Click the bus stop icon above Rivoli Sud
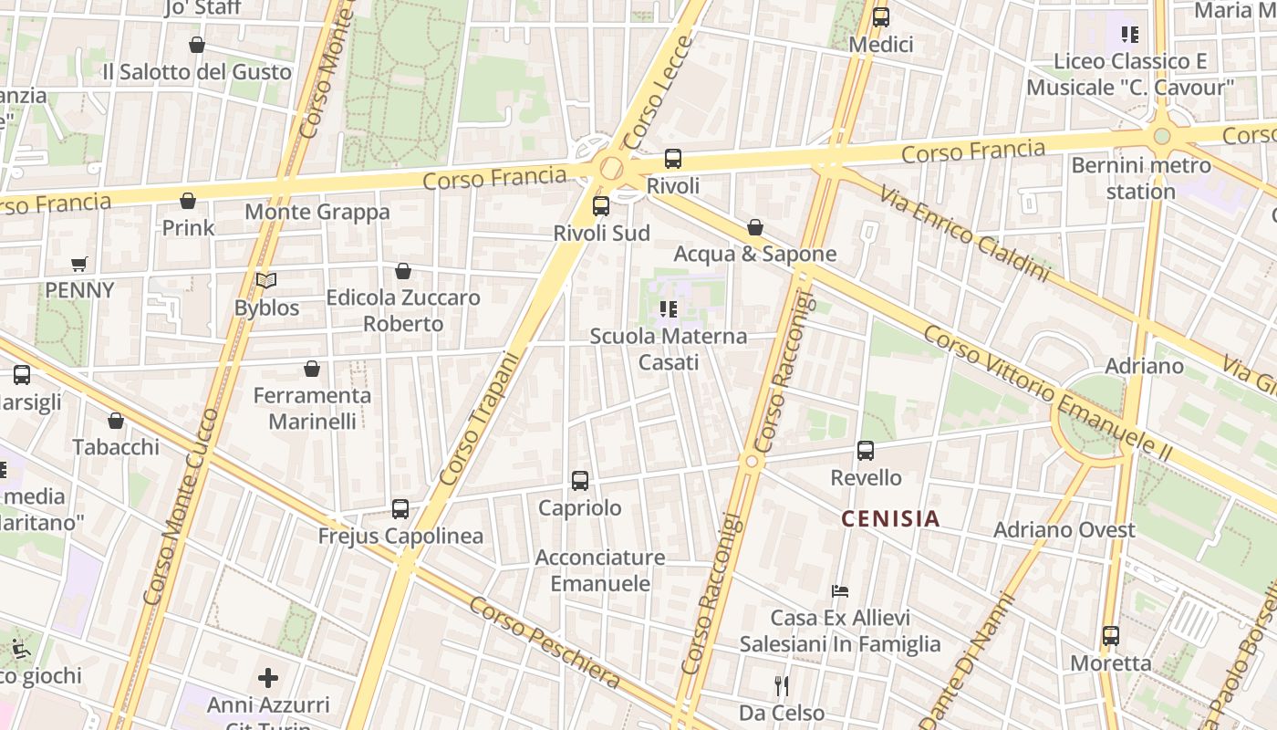pyautogui.click(x=600, y=206)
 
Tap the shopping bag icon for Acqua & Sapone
pyautogui.click(x=755, y=227)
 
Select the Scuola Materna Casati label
pyautogui.click(x=669, y=349)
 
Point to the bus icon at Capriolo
pyautogui.click(x=579, y=481)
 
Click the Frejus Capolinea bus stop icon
pyautogui.click(x=400, y=509)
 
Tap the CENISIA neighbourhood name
pyautogui.click(x=890, y=519)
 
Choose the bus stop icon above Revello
pyautogui.click(x=865, y=451)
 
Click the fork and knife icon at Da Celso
pyautogui.click(x=781, y=685)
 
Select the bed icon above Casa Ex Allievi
pyautogui.click(x=840, y=591)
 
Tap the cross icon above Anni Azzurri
pyautogui.click(x=268, y=678)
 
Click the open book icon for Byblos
pyautogui.click(x=265, y=281)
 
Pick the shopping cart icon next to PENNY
pyautogui.click(x=79, y=265)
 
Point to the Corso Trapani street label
pyautogui.click(x=478, y=419)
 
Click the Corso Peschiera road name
pyautogui.click(x=545, y=642)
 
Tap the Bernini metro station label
pyautogui.click(x=1141, y=178)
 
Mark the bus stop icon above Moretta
pyautogui.click(x=1110, y=636)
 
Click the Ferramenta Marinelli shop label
pyautogui.click(x=312, y=408)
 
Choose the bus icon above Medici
pyautogui.click(x=880, y=17)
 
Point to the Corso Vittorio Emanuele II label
pyautogui.click(x=1047, y=392)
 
